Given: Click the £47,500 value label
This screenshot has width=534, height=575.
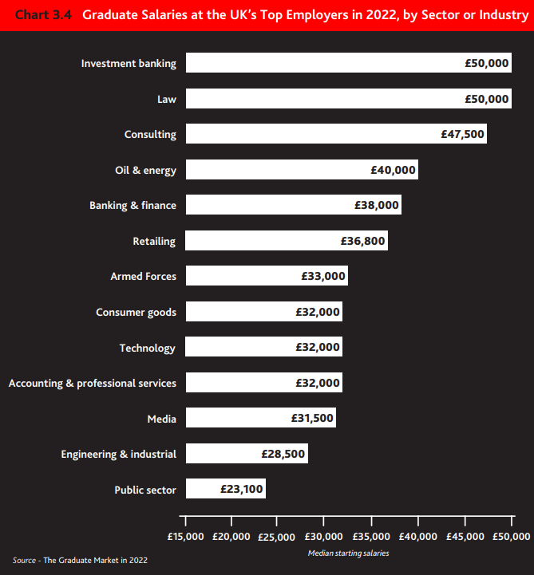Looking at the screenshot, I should (462, 134).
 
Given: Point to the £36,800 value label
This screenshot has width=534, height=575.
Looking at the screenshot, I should (363, 241).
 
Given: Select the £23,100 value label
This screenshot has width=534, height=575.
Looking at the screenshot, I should (242, 490).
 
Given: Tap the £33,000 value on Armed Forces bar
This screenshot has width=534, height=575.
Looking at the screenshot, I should (323, 277).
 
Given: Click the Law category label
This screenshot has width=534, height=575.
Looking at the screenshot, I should (167, 99).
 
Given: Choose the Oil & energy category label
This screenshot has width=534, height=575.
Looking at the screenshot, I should (145, 170).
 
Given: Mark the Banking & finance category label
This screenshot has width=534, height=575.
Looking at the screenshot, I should (133, 205).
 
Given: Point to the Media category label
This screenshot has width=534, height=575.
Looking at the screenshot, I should (161, 419).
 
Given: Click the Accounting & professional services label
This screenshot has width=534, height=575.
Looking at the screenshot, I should (93, 383).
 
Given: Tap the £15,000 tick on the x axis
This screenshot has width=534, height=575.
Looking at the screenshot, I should (185, 536).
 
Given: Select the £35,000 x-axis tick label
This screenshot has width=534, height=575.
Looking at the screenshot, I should (371, 536).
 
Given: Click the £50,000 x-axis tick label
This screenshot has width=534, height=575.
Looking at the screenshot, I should (510, 536).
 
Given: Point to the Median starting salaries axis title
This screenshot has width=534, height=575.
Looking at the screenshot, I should (348, 553).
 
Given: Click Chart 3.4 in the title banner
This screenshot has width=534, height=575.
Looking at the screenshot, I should (42, 15).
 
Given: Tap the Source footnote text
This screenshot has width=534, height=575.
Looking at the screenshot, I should (80, 561).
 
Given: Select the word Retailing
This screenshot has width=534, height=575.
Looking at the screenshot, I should (154, 241).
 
